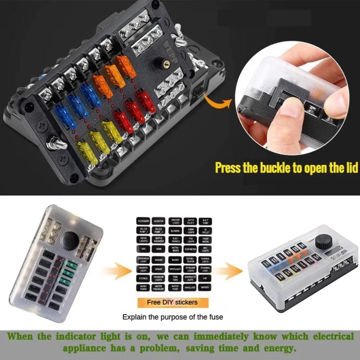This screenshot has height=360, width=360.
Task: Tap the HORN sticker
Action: [x=159, y=249]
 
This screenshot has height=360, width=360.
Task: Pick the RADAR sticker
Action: [x=159, y=259]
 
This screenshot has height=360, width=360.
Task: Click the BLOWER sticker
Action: [x=175, y=231]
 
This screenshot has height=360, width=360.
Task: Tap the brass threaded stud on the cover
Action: [x=159, y=62]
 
